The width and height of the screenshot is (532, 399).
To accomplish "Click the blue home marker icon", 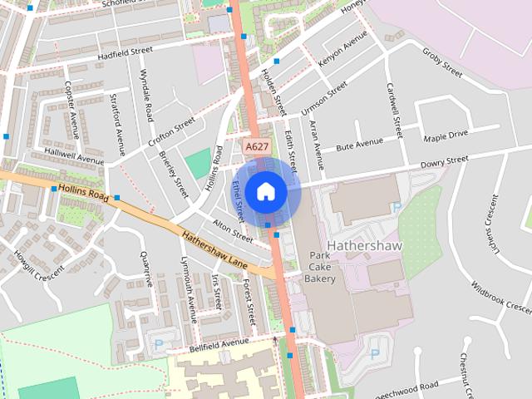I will (266, 191).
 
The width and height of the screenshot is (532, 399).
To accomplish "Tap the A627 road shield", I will (256, 146).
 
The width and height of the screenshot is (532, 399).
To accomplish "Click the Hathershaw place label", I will (365, 246).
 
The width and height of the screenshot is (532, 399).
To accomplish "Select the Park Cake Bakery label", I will (321, 268).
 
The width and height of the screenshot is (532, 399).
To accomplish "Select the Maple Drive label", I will (446, 135).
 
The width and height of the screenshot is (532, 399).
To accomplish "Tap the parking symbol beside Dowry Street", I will (397, 207).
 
